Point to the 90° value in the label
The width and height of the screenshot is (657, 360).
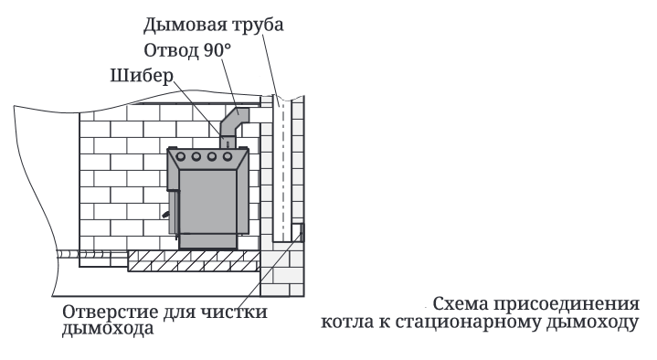tap(217, 50)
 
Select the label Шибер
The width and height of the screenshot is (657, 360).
tap(142, 76)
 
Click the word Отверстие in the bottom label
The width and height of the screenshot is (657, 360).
tap(111, 312)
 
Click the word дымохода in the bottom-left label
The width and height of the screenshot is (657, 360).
tap(108, 329)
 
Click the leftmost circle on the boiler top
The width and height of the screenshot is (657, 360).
tap(181, 157)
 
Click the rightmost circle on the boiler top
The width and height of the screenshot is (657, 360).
tap(228, 157)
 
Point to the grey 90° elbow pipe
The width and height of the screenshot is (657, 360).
tap(235, 124)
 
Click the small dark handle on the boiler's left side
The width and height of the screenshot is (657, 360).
tap(166, 214)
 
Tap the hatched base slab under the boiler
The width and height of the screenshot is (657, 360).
tap(194, 260)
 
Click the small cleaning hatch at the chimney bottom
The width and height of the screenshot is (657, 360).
tap(301, 233)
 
